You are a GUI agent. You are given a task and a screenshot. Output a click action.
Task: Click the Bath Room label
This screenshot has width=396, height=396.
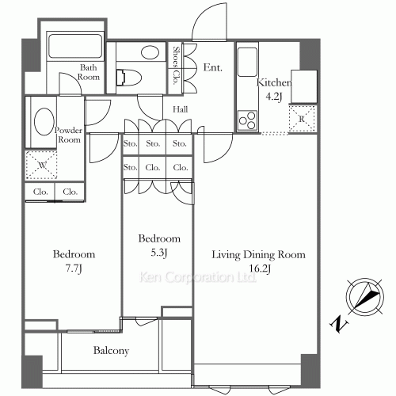tap(88, 73)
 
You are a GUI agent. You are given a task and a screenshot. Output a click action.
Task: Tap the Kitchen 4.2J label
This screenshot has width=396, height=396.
tap(275, 89)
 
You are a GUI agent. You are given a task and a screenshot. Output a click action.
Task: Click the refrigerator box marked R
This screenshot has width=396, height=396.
tap(301, 117)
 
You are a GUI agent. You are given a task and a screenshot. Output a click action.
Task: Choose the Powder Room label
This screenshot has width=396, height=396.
tap(68, 134)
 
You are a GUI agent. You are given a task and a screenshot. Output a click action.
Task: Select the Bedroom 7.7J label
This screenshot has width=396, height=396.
tap(74, 261)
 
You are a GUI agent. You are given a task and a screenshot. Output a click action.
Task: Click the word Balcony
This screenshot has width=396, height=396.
tap(112, 350)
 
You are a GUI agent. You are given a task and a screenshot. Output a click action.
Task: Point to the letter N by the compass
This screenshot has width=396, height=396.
tap(336, 324)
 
